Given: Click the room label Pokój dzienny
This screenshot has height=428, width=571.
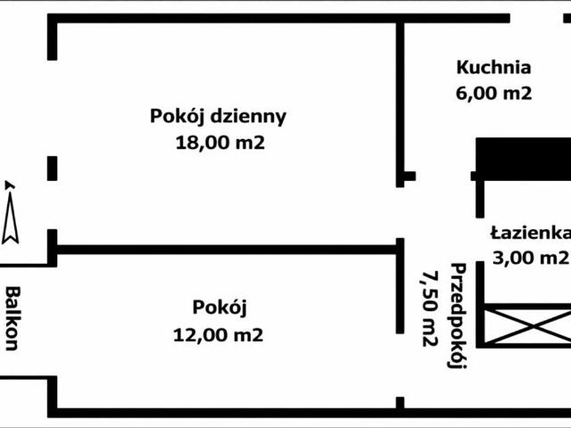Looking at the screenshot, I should [x=218, y=116].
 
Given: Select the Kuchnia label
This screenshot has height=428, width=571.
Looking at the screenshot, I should [x=493, y=67].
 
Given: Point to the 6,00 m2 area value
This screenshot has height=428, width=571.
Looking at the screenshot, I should [x=493, y=92].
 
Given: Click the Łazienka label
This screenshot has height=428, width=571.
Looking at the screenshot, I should [x=531, y=234].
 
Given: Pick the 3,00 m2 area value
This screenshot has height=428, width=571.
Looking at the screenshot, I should [x=531, y=258].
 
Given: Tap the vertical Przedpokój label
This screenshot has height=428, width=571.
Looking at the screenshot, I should [x=459, y=316].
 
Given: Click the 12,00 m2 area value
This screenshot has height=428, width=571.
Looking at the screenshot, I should [x=219, y=335].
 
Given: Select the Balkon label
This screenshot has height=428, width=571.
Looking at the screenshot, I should [x=13, y=317].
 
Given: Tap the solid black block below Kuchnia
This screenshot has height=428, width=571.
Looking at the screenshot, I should [x=522, y=159].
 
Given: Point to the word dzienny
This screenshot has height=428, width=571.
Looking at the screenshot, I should [x=248, y=116].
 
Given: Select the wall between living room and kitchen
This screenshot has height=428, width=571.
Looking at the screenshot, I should [x=400, y=98].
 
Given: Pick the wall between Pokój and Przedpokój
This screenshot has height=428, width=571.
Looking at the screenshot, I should [x=400, y=285].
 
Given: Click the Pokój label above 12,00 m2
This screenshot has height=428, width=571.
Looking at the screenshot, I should [x=219, y=309].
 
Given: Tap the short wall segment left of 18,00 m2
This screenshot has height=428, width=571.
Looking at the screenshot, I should [x=52, y=168].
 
